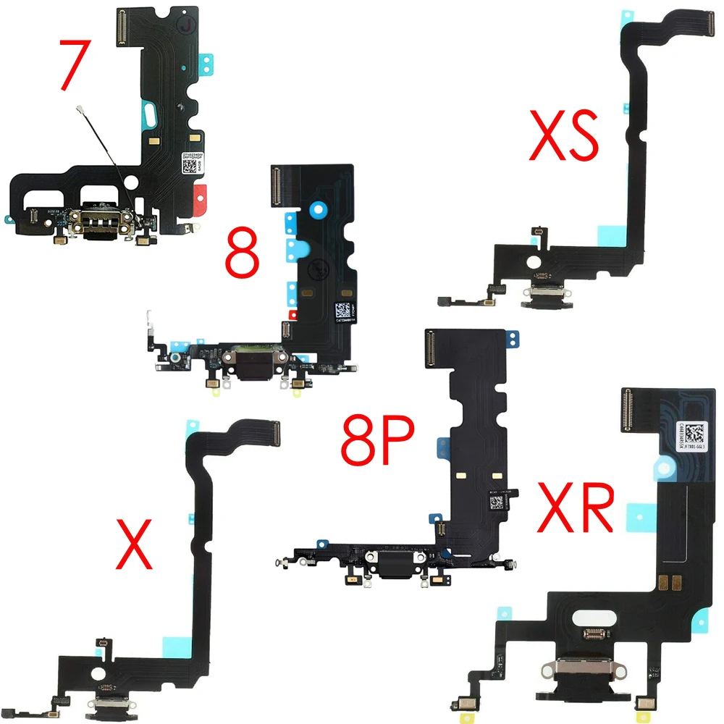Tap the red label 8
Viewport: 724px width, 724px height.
pos(242,254)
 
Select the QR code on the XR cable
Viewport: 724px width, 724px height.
pos(694,434)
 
